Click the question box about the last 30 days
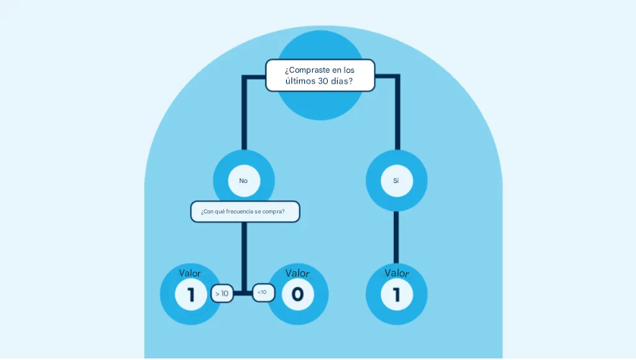tap(320, 75)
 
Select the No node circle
tap(244, 181)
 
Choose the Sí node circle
tap(396, 181)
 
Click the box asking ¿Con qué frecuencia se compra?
tap(244, 211)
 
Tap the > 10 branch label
tap(222, 293)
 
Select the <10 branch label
tap(263, 292)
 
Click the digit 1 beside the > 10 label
tap(190, 295)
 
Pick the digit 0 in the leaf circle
tap(298, 295)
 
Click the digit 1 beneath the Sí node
tap(396, 295)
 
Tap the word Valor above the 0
tap(298, 273)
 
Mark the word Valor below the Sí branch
tap(396, 273)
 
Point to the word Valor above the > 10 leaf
tap(190, 273)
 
